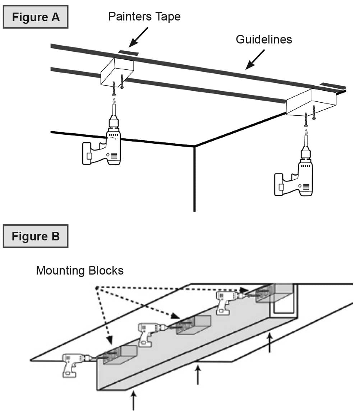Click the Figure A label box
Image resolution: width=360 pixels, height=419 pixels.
pos(36,17)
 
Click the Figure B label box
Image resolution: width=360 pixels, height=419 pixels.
pos(36,236)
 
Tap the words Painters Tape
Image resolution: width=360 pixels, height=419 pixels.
pos(144,17)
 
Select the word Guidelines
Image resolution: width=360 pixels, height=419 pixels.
pos(264,39)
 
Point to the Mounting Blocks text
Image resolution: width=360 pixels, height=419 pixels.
pos(80,270)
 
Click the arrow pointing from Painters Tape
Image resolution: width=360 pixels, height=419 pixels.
pos(138,37)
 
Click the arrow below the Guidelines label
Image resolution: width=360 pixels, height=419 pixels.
pos(255,59)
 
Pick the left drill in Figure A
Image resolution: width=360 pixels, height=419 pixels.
pos(104,147)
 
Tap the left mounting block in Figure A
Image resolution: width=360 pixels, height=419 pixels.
pos(116,72)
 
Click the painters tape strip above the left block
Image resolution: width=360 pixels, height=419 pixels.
pos(128,53)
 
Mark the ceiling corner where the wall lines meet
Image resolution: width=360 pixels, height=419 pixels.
pos(194,146)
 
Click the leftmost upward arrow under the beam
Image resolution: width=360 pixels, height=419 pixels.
pos(134,401)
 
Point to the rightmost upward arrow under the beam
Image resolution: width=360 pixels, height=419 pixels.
pos(269,343)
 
